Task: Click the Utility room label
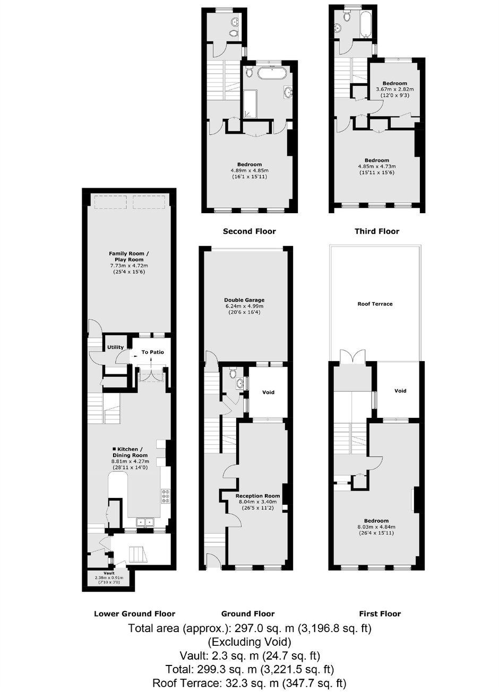pos(115,347)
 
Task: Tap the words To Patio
pos(152,352)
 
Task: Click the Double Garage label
pos(244,300)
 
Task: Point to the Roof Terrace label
pos(375,304)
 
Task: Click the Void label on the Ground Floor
pos(268,392)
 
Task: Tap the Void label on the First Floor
pos(400,391)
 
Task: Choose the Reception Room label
pos(257,496)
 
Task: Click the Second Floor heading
pos(249,231)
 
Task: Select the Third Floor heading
pos(377,231)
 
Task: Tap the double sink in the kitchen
pos(145,522)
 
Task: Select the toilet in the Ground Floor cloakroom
pos(233,373)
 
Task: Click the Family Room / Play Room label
pos(129,257)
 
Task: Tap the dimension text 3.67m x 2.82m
pos(394,89)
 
